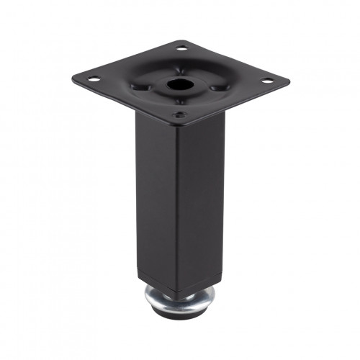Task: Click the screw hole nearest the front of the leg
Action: click(x=177, y=113)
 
